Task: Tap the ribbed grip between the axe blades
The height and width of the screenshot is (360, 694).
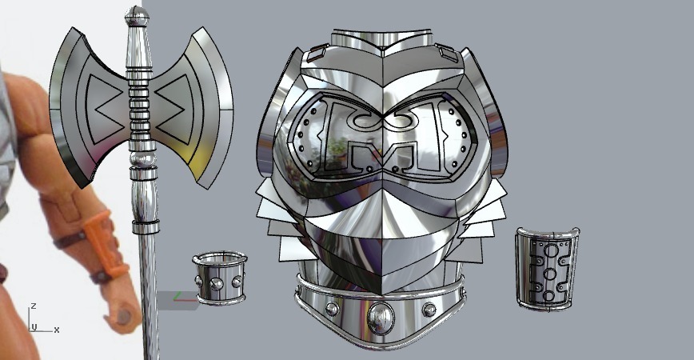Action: coord(139,104)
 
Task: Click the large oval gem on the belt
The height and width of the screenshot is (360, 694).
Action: coord(380,317)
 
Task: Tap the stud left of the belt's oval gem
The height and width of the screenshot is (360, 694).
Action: coord(332,309)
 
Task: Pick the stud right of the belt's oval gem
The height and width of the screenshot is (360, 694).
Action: coord(429,309)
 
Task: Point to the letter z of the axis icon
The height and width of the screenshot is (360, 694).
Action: coord(34,306)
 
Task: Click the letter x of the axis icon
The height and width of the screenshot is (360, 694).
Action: coord(56,330)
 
